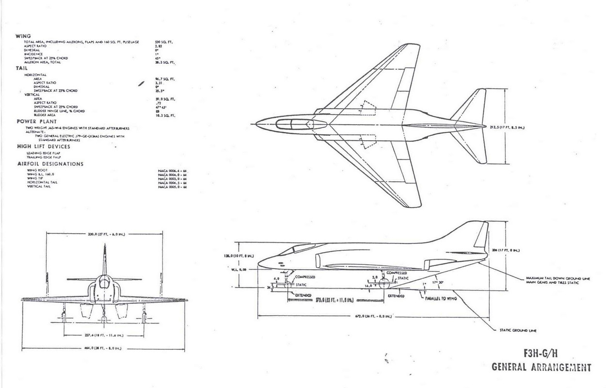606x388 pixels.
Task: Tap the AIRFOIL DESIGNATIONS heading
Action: (x=50, y=164)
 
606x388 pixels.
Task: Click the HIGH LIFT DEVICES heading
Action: (x=44, y=146)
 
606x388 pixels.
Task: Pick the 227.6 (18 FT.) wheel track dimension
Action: (x=103, y=335)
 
